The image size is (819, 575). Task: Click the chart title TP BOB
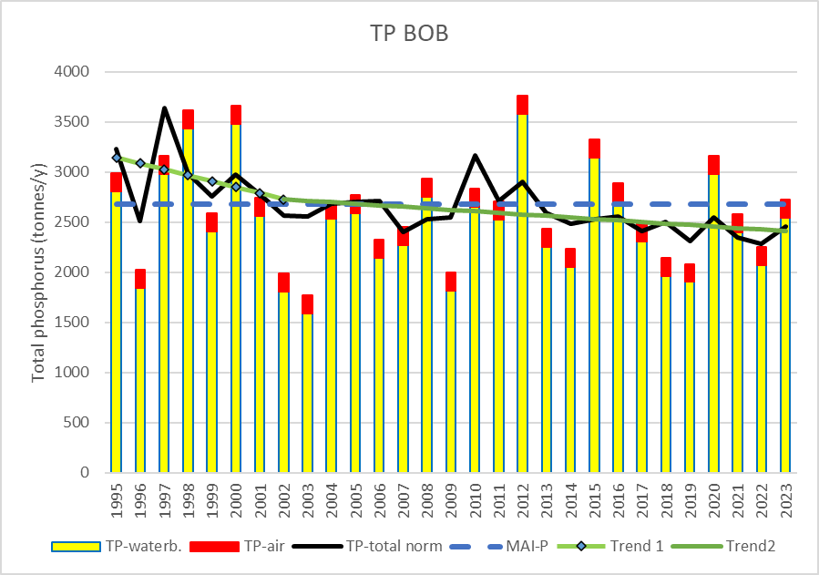pos(410,33)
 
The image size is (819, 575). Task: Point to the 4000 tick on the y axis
pos(72,72)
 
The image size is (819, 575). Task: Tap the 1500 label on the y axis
pos(72,323)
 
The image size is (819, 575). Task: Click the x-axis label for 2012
pos(522,500)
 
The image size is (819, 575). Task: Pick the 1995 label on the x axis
pos(116,500)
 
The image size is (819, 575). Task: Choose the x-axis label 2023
pos(785,500)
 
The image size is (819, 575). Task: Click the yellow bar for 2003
pos(307,394)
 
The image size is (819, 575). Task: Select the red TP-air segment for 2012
pos(522,105)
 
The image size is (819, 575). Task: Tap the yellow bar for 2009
pos(451,382)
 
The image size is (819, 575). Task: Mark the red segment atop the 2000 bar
pos(236,115)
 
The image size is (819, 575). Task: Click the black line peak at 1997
pos(164,108)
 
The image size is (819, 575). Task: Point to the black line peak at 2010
pos(475,155)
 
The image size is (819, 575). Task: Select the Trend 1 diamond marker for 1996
pos(140,163)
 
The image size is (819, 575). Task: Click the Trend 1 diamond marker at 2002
pos(283,200)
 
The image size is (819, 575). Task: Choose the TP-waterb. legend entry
pos(117,546)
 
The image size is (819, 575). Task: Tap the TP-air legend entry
pos(237,546)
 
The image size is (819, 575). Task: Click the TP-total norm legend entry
pos(367,546)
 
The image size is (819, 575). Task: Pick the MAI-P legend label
pos(527,546)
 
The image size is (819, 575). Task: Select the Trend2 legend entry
pos(723,546)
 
